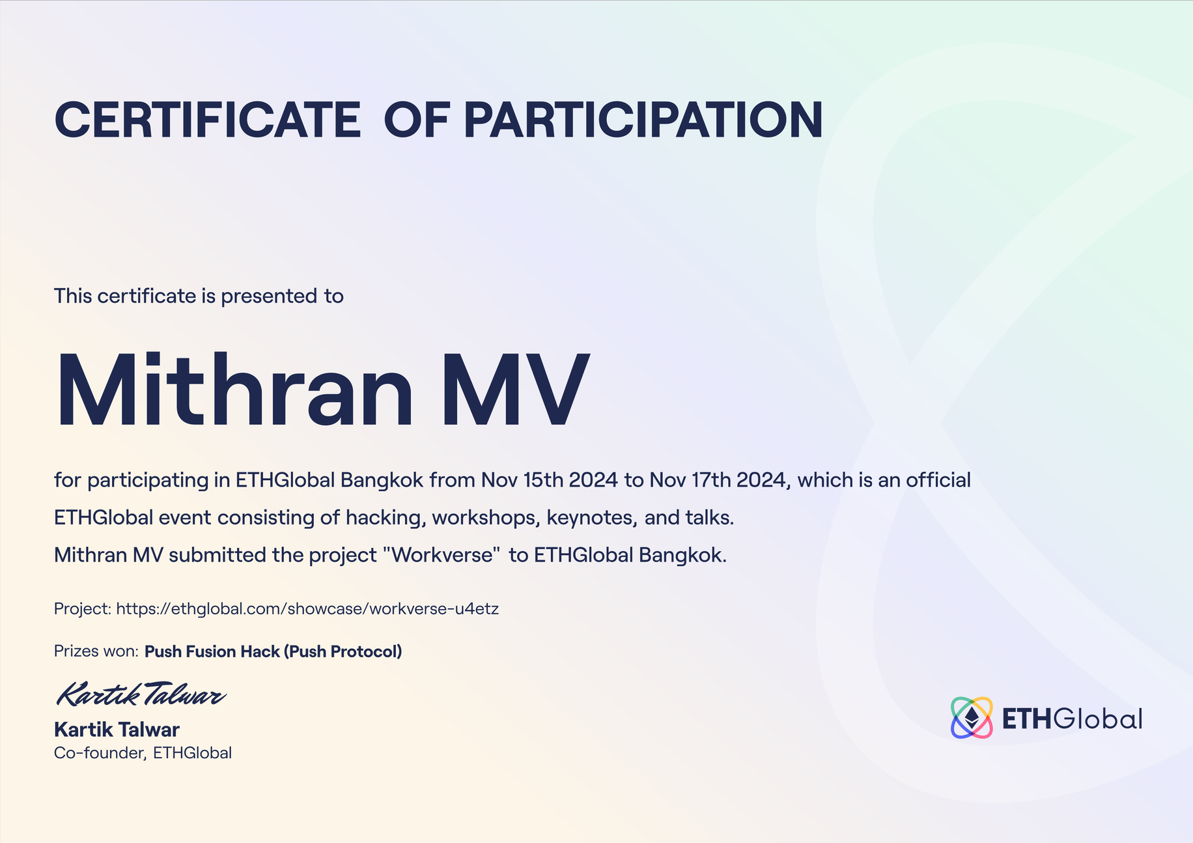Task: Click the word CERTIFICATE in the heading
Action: [208, 120]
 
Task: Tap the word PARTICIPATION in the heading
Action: [643, 120]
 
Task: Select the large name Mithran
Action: [235, 390]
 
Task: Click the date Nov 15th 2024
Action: [549, 480]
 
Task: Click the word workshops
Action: [486, 518]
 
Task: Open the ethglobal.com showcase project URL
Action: [307, 609]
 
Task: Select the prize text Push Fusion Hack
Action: [212, 651]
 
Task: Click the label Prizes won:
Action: [96, 651]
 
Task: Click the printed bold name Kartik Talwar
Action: [117, 730]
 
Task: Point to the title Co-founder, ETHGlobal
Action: [143, 753]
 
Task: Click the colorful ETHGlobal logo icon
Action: [972, 718]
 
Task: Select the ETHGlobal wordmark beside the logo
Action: [1072, 719]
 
